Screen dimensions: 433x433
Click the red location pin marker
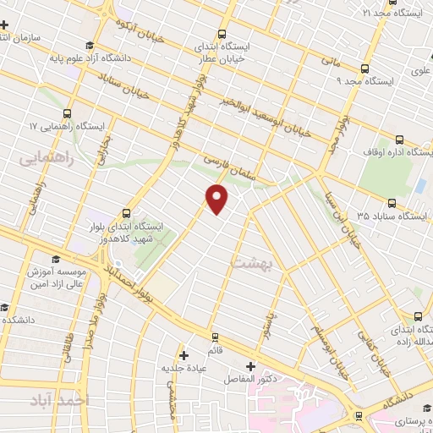click(x=218, y=199)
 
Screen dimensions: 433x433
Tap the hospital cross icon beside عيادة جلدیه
click(x=184, y=354)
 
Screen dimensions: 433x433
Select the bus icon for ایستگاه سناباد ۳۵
click(x=392, y=203)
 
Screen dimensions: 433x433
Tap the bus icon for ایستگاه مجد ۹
click(x=365, y=69)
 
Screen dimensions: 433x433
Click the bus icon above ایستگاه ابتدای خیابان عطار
click(x=222, y=34)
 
